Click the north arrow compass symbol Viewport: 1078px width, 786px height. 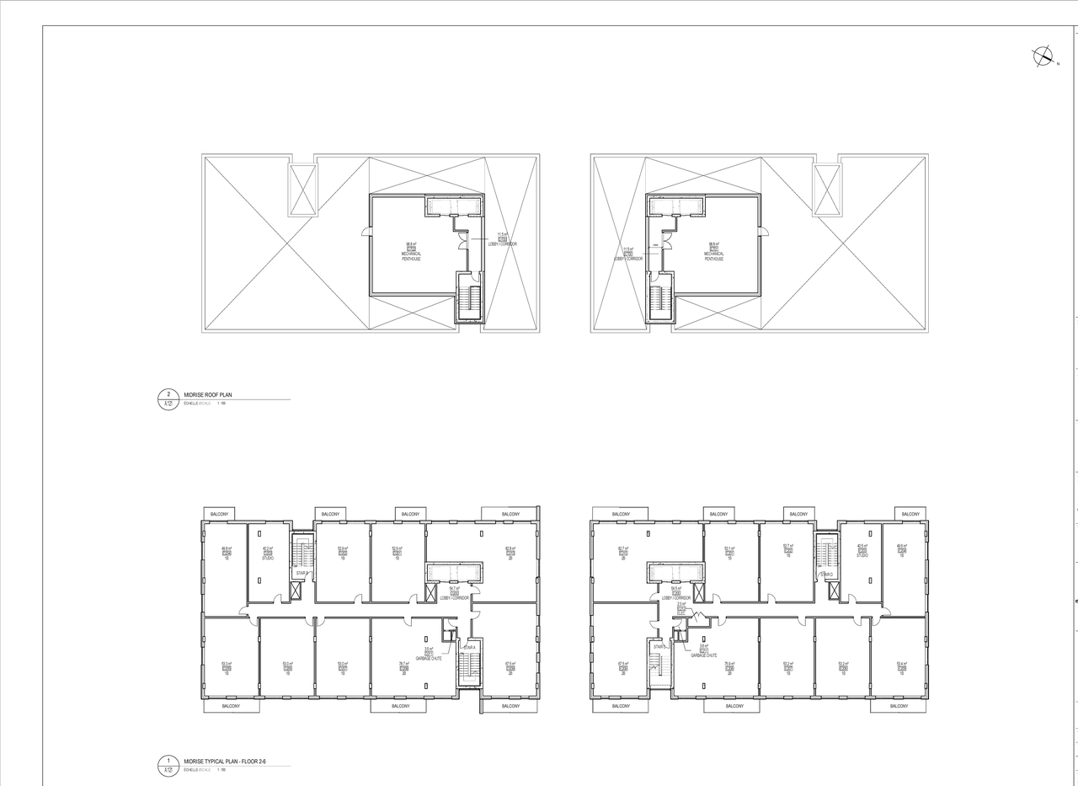pos(1043,56)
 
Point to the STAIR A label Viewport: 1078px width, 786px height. pos(469,647)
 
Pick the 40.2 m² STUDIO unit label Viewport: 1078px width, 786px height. pos(268,553)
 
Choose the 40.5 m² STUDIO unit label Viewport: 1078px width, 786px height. pos(862,551)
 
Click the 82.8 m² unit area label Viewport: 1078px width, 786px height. pos(510,553)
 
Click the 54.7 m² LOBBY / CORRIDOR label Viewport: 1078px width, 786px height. pos(454,592)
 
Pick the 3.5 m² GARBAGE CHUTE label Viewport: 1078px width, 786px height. pos(429,653)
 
